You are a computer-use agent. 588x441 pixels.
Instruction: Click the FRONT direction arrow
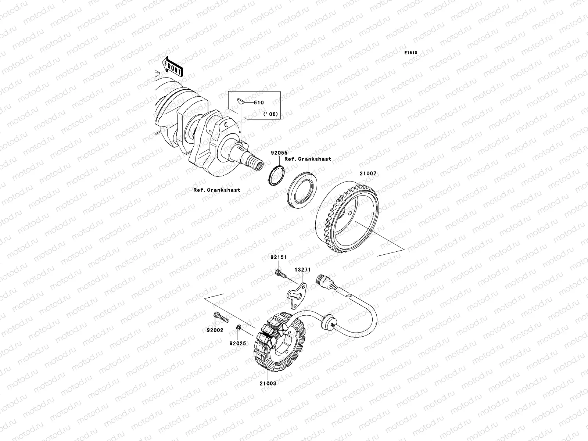pos(173,67)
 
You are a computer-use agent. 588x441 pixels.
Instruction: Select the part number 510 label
pos(259,103)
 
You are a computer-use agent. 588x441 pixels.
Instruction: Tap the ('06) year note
pos(270,114)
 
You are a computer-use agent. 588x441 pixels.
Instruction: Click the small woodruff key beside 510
pos(241,101)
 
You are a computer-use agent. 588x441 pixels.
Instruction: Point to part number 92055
pos(279,153)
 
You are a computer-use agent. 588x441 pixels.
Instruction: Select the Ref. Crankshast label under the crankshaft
pos(217,190)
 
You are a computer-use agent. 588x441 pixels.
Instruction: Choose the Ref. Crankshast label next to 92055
pos(308,159)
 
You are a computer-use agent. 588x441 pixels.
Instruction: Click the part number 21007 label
pos(368,173)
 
